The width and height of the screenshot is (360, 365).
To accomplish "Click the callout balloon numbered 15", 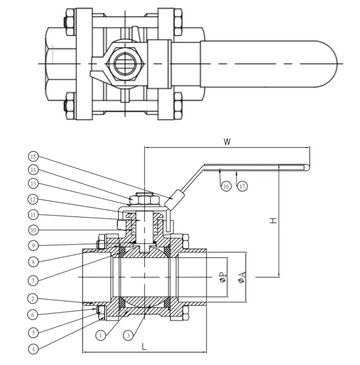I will tap(34, 157).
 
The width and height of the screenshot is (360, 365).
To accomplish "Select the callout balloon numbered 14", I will tap(34, 171).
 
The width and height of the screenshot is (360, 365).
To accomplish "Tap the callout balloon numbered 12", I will tap(34, 200).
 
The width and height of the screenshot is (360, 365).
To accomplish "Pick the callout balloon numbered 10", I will tap(34, 230).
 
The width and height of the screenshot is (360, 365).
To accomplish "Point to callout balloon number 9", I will tap(34, 246).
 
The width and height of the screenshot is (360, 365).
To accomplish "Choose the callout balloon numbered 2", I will tap(34, 299).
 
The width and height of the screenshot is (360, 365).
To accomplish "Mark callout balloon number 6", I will tap(34, 315).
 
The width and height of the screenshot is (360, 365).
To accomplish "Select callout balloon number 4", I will tap(34, 349).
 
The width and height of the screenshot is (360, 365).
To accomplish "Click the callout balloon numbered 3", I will tap(127, 335).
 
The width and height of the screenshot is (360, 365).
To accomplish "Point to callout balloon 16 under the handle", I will tap(226, 187).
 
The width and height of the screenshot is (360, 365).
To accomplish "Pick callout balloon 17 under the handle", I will tap(243, 187).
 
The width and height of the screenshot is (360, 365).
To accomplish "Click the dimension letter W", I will tap(227, 142).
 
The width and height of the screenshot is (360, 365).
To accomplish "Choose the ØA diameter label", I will tap(242, 276).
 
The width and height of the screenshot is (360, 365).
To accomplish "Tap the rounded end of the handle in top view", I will tap(327, 64).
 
